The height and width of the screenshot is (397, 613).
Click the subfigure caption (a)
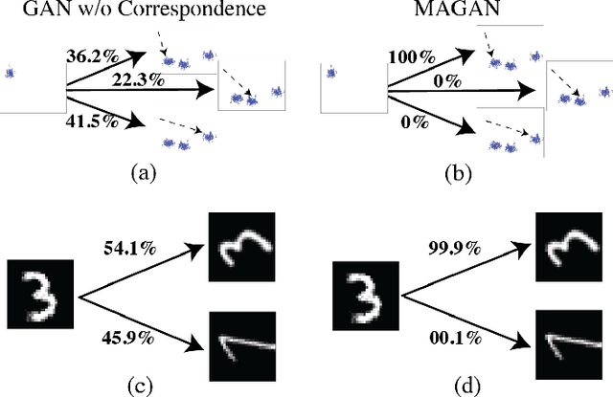(141, 172)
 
